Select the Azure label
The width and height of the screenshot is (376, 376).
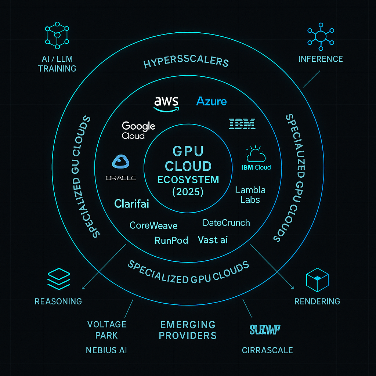point(211,101)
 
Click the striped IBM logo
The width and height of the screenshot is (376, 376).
point(242,124)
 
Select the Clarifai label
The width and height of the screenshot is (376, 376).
point(132,204)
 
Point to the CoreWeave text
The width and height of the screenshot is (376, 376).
point(153,225)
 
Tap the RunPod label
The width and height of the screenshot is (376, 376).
point(171,241)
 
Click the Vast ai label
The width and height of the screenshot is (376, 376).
point(213,240)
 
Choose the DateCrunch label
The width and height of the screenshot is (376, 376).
point(226,223)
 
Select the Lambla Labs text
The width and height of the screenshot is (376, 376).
point(250,195)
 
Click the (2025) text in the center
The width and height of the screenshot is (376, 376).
point(188,192)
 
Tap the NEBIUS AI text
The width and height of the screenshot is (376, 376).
point(106,350)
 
